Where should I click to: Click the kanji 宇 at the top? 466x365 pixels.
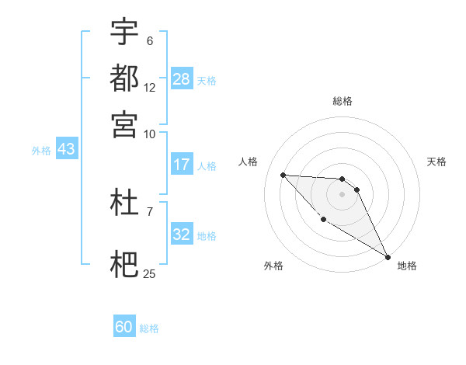pyautogui.click(x=124, y=32)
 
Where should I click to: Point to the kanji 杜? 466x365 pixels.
pyautogui.click(x=124, y=203)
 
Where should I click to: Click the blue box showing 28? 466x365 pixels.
pyautogui.click(x=182, y=79)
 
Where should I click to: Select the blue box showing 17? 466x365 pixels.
pyautogui.click(x=182, y=165)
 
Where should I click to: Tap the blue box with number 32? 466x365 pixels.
pyautogui.click(x=182, y=235)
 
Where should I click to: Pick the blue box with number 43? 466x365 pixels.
pyautogui.click(x=66, y=149)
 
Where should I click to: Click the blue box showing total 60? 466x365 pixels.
pyautogui.click(x=124, y=327)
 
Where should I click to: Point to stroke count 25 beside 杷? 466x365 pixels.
pyautogui.click(x=150, y=273)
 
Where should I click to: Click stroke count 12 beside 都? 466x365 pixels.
pyautogui.click(x=150, y=87)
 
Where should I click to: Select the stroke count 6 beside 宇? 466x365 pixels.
pyautogui.click(x=150, y=41)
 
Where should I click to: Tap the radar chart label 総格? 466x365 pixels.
pyautogui.click(x=343, y=101)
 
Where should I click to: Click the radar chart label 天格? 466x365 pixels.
pyautogui.click(x=436, y=162)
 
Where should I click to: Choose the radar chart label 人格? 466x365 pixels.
pyautogui.click(x=249, y=162)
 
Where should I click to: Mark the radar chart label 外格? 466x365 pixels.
pyautogui.click(x=273, y=266)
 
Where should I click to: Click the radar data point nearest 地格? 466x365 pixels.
pyautogui.click(x=388, y=257)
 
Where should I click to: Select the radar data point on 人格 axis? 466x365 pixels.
pyautogui.click(x=283, y=175)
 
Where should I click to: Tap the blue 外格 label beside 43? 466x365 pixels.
pyautogui.click(x=41, y=151)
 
